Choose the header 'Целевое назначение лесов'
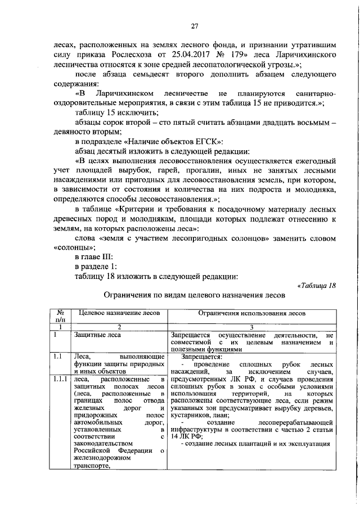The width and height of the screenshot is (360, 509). [118, 312]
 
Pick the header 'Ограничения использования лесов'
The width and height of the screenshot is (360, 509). [251, 312]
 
